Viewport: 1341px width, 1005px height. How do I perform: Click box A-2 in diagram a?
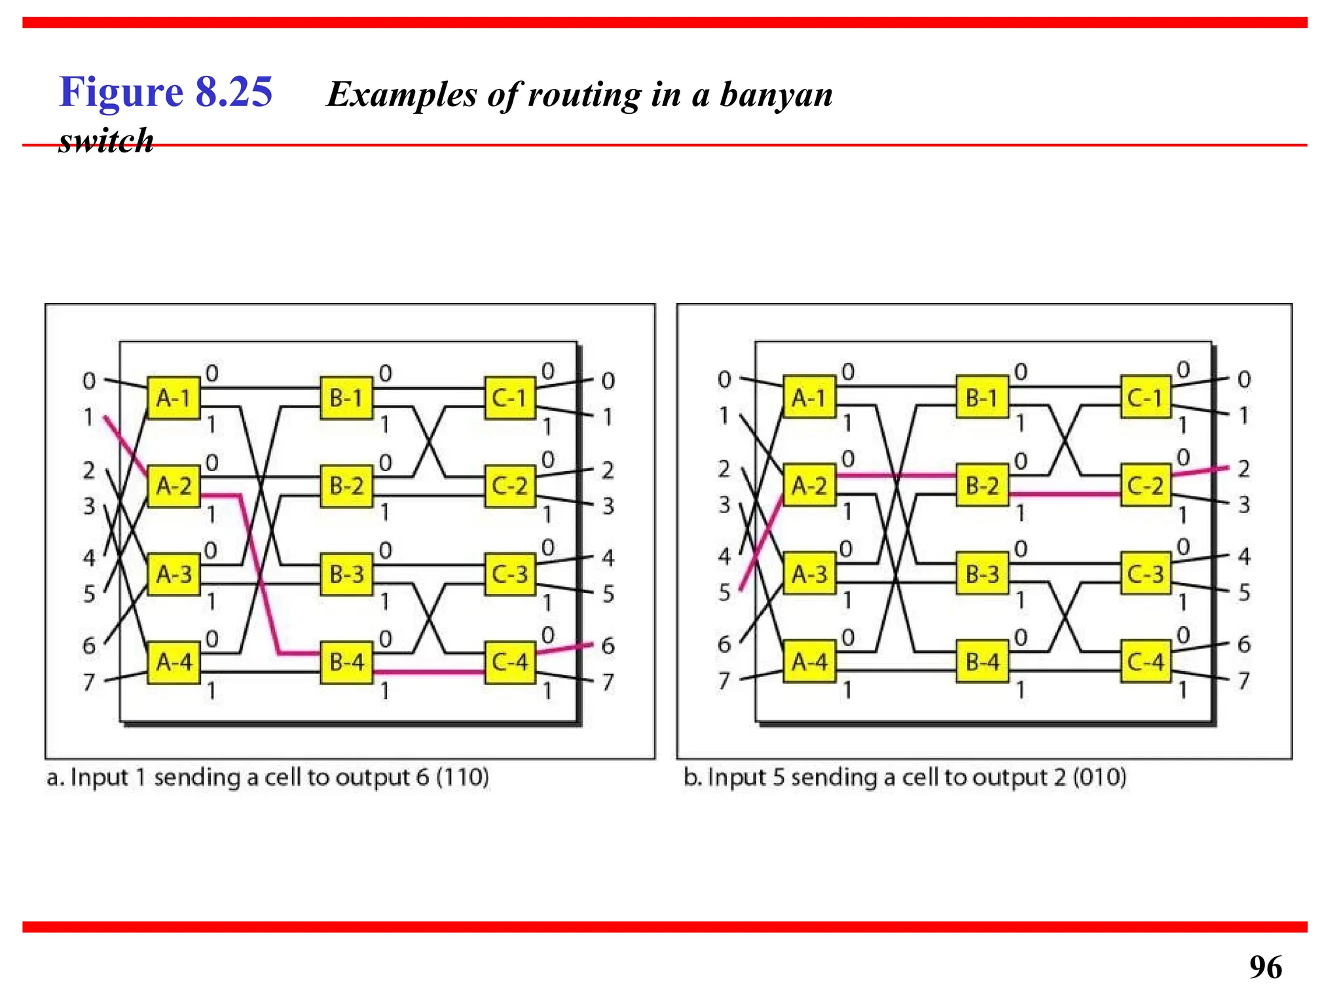tap(174, 486)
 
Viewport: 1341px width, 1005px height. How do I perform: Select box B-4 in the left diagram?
tap(346, 662)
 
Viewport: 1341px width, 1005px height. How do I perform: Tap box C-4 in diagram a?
tap(510, 662)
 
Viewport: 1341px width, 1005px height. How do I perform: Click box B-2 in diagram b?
tap(982, 485)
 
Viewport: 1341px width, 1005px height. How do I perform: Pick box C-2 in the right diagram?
tap(1146, 485)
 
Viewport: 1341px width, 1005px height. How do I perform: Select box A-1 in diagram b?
tap(809, 397)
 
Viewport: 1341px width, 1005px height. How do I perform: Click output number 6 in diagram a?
tap(608, 646)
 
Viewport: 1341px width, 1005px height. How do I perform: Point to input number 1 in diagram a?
tap(89, 416)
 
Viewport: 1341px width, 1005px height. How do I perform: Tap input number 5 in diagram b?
tap(724, 592)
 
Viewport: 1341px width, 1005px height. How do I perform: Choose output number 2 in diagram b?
tap(1243, 468)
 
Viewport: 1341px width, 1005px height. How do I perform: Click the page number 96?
tap(1265, 967)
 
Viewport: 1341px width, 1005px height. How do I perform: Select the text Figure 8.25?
tap(166, 92)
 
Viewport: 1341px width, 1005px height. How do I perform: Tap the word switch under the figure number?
tap(106, 141)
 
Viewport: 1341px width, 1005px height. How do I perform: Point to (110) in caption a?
tap(462, 777)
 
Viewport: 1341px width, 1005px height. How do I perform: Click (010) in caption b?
tap(1099, 777)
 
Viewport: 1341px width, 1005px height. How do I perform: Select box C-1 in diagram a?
tap(510, 397)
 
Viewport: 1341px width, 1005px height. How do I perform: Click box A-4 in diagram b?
tap(809, 661)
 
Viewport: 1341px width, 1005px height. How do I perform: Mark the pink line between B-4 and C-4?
tap(429, 672)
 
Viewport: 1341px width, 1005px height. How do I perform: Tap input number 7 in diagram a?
tap(89, 682)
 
